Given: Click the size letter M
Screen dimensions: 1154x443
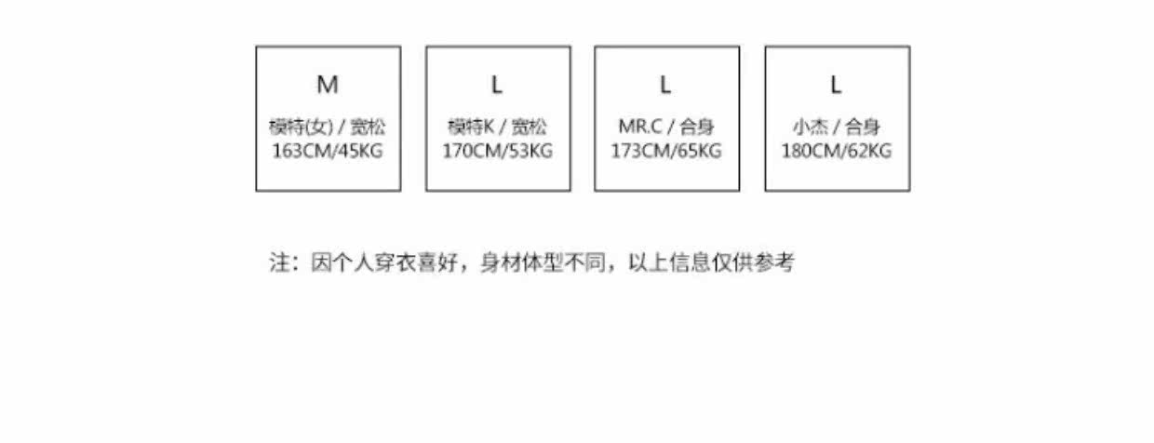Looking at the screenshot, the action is pos(328,86).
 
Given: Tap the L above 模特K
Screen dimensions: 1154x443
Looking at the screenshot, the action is pos(497,86).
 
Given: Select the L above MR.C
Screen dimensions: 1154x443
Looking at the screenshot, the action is pos(666,86).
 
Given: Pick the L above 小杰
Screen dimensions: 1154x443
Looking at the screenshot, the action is pos(837,86).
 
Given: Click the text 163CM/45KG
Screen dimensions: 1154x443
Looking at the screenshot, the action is pos(328,151).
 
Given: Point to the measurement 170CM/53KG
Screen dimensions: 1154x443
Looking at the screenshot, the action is pos(498,151).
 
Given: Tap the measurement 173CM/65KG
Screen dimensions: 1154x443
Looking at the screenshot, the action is pos(666,151).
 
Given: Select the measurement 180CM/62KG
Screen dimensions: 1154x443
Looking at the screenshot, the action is pos(837,151).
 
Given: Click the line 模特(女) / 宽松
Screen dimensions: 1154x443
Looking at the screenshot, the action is pos(328,128).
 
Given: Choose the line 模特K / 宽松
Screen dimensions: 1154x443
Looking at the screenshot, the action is pos(498,128).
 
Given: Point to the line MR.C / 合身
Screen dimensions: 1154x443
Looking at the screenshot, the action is pos(666,128).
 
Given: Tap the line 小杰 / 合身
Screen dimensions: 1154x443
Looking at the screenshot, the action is pos(837,128).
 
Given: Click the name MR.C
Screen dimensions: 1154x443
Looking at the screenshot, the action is pos(637,128).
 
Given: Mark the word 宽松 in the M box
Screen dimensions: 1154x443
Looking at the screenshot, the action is pos(368,128).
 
